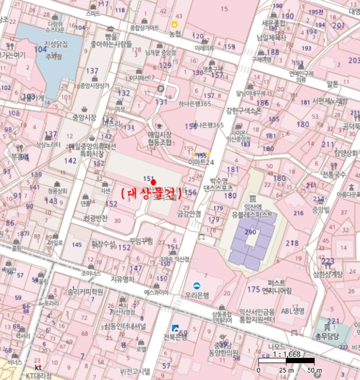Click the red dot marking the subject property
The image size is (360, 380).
pyautogui.click(x=153, y=182)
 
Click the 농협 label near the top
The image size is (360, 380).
pyautogui.click(x=175, y=34)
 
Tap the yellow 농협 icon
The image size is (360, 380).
pyautogui.click(x=175, y=24)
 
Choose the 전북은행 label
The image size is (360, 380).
pyautogui.click(x=175, y=337)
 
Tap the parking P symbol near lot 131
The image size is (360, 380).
pyautogui.click(x=160, y=88)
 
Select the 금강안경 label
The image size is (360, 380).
pyautogui.click(x=189, y=214)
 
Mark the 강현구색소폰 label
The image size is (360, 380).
pyautogui.click(x=244, y=110)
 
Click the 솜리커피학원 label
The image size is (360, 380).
pyautogui.click(x=86, y=292)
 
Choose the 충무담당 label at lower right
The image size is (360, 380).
pyautogui.click(x=332, y=335)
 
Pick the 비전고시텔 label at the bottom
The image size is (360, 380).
pyautogui.click(x=135, y=371)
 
